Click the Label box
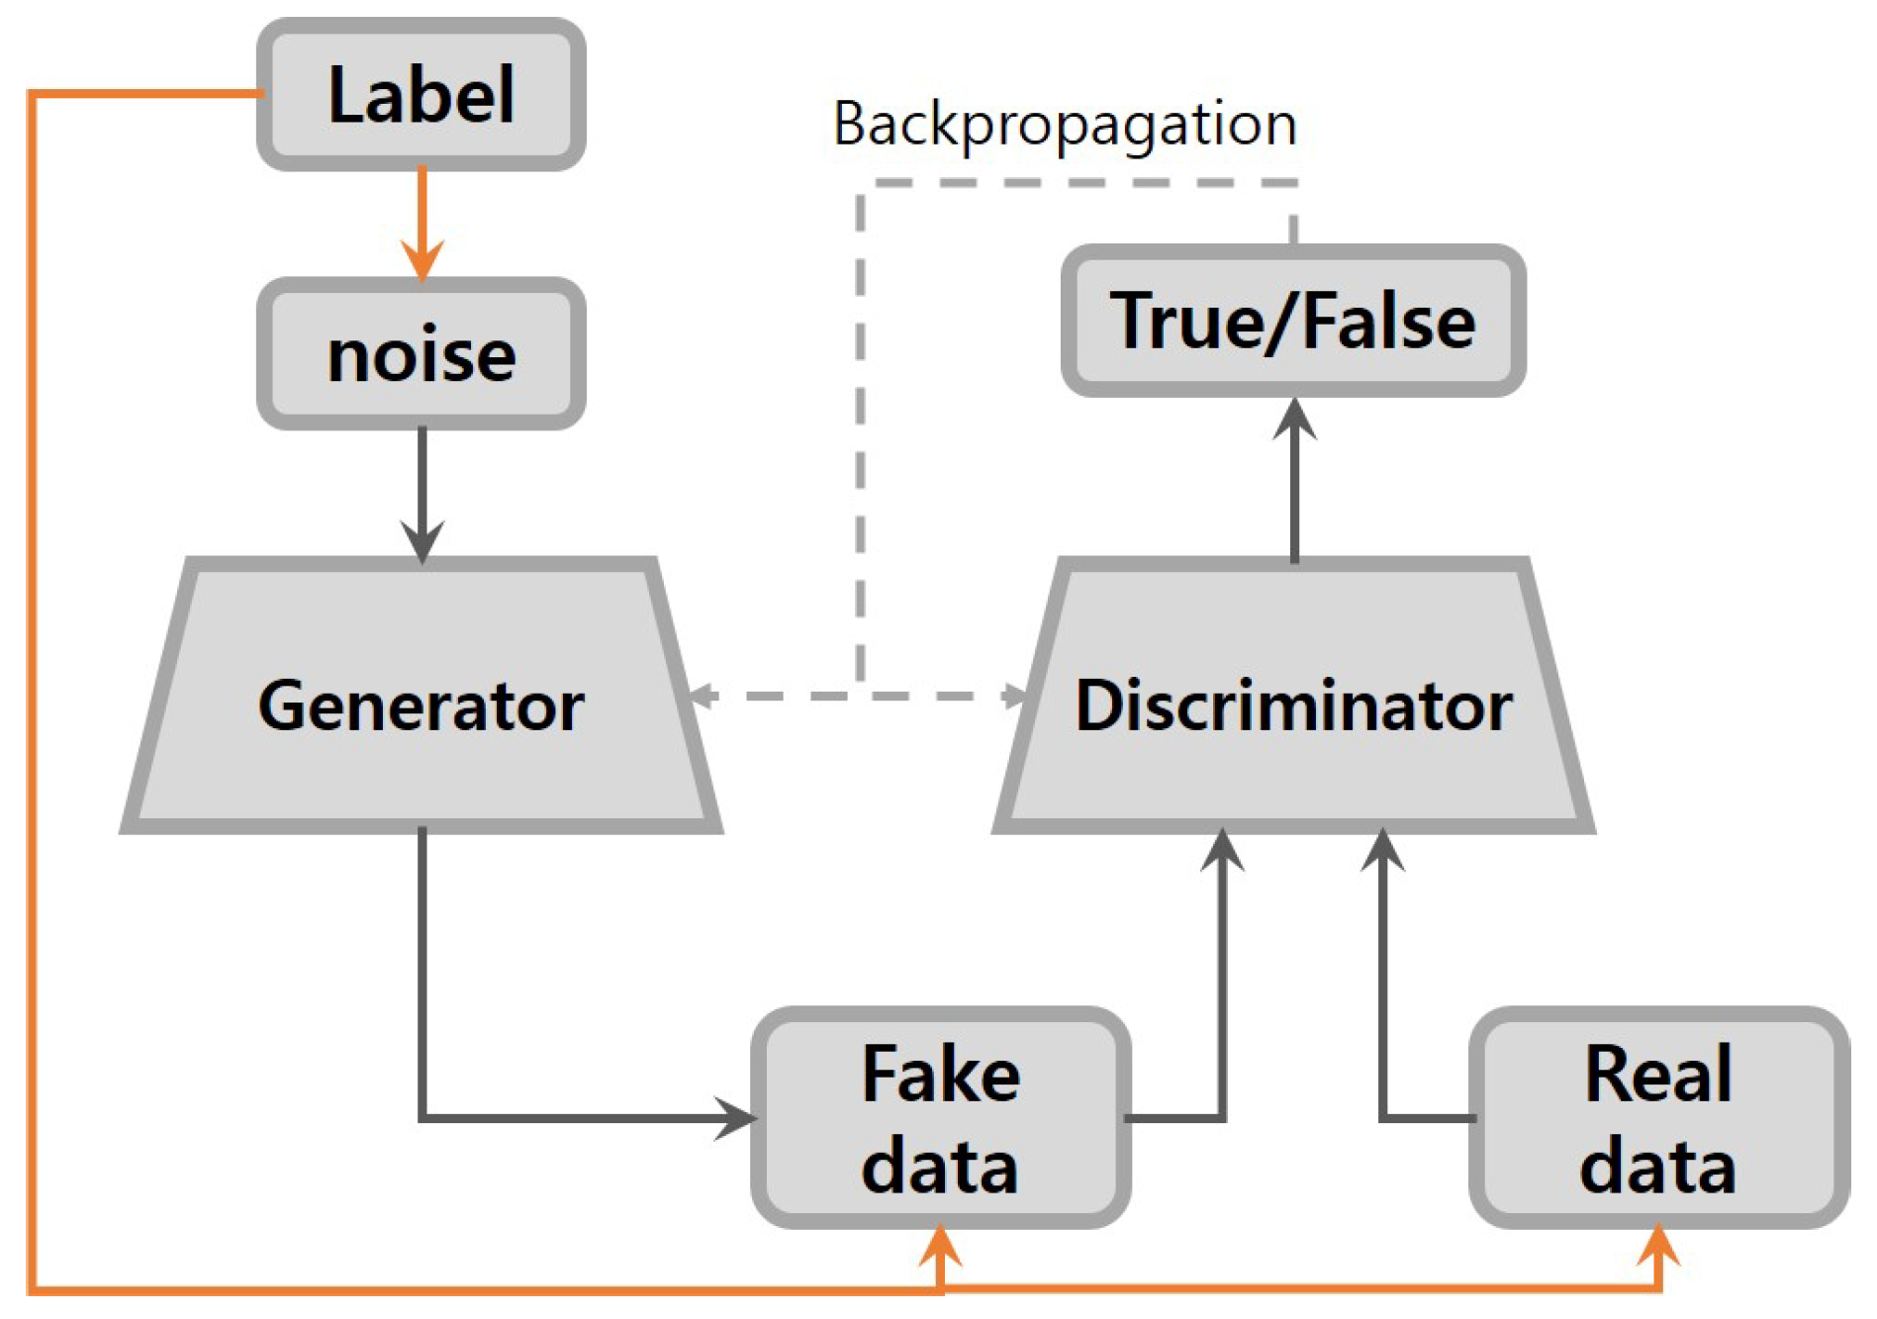coord(421,94)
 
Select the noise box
coord(421,354)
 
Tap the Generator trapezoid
coord(421,705)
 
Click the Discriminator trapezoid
coord(1293,705)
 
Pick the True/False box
coord(1292,321)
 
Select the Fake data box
coord(940,1118)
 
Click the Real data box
coord(1658,1118)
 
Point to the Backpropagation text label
coord(1064,125)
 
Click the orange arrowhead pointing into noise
coord(422,259)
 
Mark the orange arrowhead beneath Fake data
coord(940,1245)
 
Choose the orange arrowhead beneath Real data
coord(1658,1245)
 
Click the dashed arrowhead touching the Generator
coord(703,696)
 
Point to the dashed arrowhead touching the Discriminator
coord(1015,696)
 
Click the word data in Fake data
coord(940,1166)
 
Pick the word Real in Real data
coord(1658,1074)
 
